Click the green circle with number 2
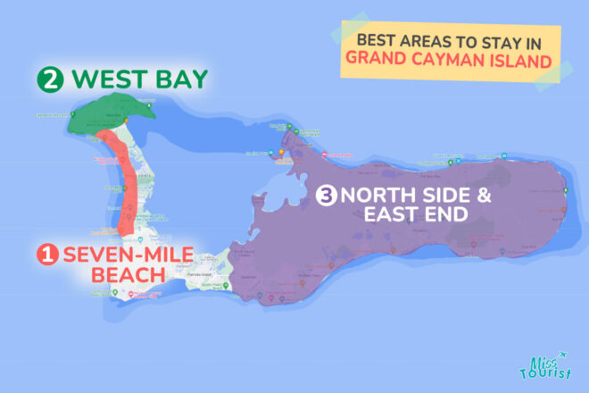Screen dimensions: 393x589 (x=51, y=79)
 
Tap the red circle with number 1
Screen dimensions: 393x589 (x=47, y=255)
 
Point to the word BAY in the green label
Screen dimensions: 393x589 (x=178, y=79)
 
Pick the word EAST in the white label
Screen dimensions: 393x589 (x=395, y=215)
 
